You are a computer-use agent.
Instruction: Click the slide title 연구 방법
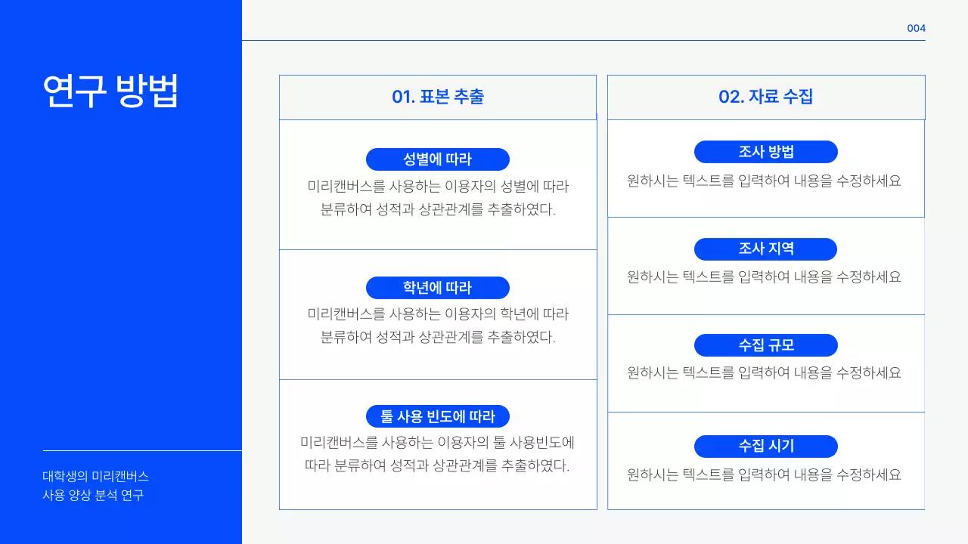coord(110,91)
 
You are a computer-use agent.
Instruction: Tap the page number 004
coord(916,29)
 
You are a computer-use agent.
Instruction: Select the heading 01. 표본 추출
coord(438,97)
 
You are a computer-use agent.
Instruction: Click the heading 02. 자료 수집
coord(765,97)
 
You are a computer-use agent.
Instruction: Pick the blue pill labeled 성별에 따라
coord(437,159)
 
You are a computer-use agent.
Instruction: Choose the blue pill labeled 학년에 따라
coord(437,288)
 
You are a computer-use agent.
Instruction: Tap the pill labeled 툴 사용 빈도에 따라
coord(437,416)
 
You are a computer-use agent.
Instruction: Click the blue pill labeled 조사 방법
coord(765,152)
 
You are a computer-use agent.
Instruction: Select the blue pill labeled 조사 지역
coord(765,249)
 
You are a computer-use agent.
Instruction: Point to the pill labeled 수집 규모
coord(765,345)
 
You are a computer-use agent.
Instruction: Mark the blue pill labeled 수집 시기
coord(765,447)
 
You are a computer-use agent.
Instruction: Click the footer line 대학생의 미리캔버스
coord(95,477)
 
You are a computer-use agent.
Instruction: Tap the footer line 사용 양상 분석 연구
coord(92,496)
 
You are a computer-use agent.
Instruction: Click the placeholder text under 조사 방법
coord(764,181)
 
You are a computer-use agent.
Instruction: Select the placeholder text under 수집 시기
coord(764,475)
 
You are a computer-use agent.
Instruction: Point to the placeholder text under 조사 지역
coord(764,277)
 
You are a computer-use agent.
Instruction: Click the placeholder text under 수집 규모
coord(764,373)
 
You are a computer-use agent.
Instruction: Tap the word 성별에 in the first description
coord(513,186)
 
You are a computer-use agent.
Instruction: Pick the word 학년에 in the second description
coord(513,314)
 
